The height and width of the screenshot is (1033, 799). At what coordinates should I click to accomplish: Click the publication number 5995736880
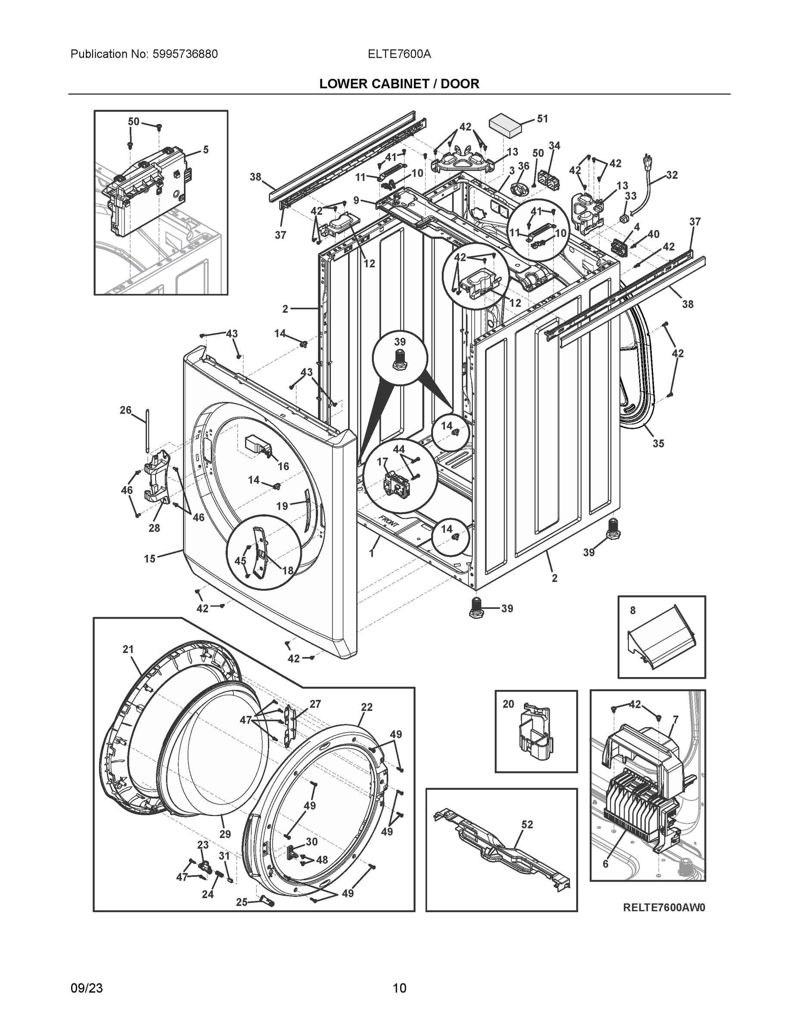pyautogui.click(x=185, y=54)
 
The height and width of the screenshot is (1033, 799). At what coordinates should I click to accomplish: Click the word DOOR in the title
pyautogui.click(x=460, y=84)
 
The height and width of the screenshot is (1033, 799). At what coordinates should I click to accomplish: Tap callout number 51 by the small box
pyautogui.click(x=542, y=119)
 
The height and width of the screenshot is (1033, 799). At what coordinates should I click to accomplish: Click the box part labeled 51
pyautogui.click(x=504, y=125)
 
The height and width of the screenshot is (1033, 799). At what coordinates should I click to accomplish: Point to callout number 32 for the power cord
pyautogui.click(x=672, y=175)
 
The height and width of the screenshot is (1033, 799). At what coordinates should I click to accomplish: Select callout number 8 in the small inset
pyautogui.click(x=633, y=611)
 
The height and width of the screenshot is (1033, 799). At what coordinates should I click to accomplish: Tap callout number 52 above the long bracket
pyautogui.click(x=527, y=824)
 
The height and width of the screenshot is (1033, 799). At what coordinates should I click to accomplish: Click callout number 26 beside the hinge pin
pyautogui.click(x=125, y=410)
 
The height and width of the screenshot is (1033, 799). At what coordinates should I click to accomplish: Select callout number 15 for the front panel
pyautogui.click(x=149, y=559)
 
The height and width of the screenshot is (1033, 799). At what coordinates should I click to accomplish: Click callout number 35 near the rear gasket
pyautogui.click(x=658, y=443)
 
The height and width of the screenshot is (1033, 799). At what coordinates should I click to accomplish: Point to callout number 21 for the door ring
pyautogui.click(x=128, y=649)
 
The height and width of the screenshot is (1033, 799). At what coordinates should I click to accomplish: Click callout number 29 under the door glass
pyautogui.click(x=225, y=834)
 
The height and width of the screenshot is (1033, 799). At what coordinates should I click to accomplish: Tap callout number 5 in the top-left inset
pyautogui.click(x=205, y=150)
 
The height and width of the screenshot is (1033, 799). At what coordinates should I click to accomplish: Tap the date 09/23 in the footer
pyautogui.click(x=87, y=988)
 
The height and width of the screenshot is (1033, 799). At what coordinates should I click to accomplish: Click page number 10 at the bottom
pyautogui.click(x=400, y=988)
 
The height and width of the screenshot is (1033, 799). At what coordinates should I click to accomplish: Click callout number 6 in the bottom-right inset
pyautogui.click(x=606, y=864)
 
